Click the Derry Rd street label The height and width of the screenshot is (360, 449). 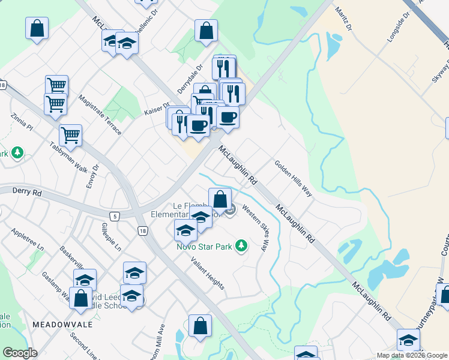tap(28, 193)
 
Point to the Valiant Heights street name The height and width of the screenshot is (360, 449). tap(208, 274)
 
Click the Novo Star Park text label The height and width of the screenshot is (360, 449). tap(205, 245)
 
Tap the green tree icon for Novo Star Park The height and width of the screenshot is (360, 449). tap(241, 245)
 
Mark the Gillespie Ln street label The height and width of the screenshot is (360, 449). tap(112, 237)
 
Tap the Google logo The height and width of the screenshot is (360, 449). tap(20, 353)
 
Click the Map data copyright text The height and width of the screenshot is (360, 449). tap(412, 355)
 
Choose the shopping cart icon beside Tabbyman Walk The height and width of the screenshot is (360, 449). tap(71, 135)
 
